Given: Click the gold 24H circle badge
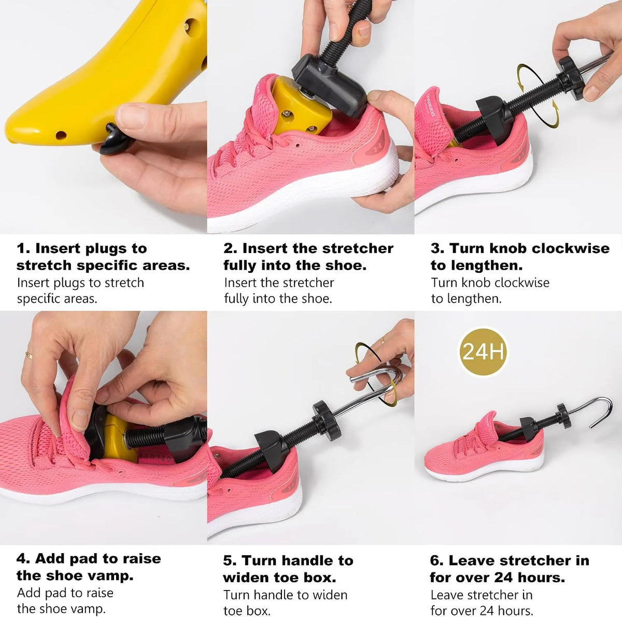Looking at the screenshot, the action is (483, 352).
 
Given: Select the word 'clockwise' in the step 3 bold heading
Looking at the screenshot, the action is (570, 248).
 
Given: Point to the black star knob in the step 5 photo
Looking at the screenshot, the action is (326, 420).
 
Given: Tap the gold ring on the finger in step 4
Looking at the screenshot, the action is (29, 355).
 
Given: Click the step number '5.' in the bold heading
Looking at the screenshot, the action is (229, 561).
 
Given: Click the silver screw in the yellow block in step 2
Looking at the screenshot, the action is (287, 113).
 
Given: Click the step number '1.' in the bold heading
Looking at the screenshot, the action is (23, 249).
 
